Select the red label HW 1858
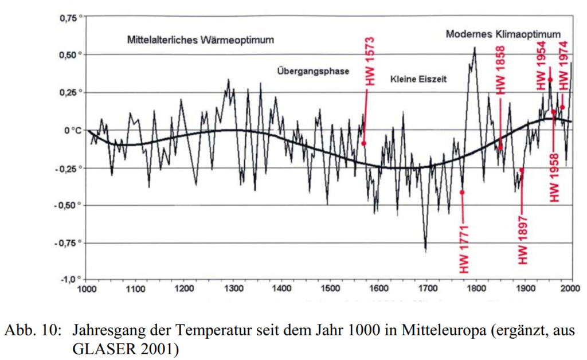point(501,69)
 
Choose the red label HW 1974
point(564,65)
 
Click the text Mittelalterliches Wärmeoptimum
point(201,40)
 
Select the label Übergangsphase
point(312,71)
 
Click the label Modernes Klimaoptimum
point(503,34)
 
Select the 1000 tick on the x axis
point(87,289)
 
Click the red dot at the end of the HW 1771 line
point(462,193)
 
